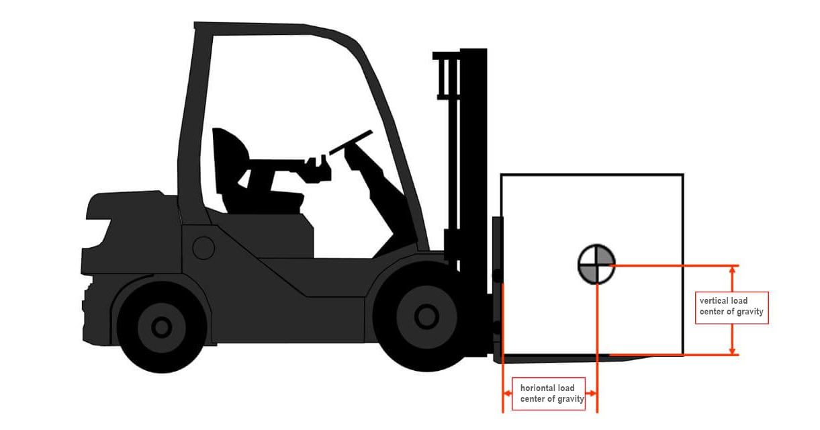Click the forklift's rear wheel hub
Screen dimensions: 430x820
tap(161, 327)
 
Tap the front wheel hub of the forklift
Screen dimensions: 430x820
tap(426, 316)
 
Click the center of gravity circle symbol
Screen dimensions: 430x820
tap(596, 264)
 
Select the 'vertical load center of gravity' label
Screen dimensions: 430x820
tap(731, 306)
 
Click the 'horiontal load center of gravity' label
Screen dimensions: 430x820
tap(547, 394)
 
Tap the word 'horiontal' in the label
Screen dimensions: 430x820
tap(537, 388)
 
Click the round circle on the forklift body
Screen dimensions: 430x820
tap(203, 248)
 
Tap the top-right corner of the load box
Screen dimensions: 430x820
tap(682, 175)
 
